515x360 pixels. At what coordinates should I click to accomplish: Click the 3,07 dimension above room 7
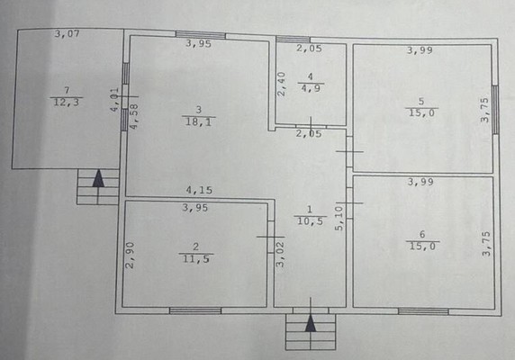point(68,34)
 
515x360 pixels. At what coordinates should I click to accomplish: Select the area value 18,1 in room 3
point(198,121)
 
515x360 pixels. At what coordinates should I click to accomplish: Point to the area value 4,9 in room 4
point(311,88)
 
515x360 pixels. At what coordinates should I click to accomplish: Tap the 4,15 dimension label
point(199,190)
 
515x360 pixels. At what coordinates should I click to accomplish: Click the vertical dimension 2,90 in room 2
point(131,256)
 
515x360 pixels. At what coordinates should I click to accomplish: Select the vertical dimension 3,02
point(280,256)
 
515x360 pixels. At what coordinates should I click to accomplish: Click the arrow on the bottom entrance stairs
point(311,325)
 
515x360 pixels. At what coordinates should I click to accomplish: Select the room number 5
point(420,102)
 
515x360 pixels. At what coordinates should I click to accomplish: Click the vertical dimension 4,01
point(114,98)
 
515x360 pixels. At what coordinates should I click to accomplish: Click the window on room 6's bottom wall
point(423,311)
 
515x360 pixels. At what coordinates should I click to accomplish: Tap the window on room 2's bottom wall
point(194,311)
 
